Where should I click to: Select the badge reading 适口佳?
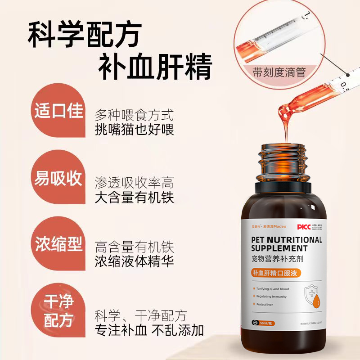pos(59,111)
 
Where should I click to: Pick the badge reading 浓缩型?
pos(59,246)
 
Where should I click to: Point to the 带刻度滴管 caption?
pos(279,72)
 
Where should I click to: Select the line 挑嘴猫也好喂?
pos(135,129)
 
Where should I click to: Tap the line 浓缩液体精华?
pos(135,262)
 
